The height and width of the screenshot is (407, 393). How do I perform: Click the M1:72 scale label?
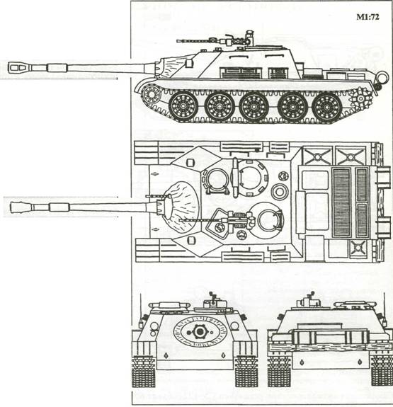[x=368, y=17]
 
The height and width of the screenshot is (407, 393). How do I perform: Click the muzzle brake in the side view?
[x=18, y=68]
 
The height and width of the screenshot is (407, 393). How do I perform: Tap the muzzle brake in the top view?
[x=21, y=207]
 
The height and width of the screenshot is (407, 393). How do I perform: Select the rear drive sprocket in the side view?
[x=360, y=98]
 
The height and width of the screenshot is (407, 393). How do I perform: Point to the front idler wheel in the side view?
[x=151, y=94]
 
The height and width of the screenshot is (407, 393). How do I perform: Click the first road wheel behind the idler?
[x=183, y=106]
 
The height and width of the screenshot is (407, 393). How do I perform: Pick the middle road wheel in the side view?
[x=254, y=107]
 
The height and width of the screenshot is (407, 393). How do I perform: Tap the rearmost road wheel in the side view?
[x=326, y=107]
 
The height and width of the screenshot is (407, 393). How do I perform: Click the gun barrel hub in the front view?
[x=199, y=331]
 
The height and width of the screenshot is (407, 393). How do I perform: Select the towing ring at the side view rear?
[x=382, y=78]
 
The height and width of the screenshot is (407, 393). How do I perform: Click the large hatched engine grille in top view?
[x=342, y=202]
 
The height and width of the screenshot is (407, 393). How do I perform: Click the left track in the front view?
[x=143, y=372]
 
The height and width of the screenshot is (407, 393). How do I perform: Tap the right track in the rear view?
[x=382, y=370]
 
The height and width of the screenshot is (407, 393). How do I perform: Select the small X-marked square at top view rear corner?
[x=358, y=247]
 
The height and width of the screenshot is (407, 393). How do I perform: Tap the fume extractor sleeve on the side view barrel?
[x=57, y=68]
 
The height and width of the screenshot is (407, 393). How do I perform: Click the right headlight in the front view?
[x=234, y=326]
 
